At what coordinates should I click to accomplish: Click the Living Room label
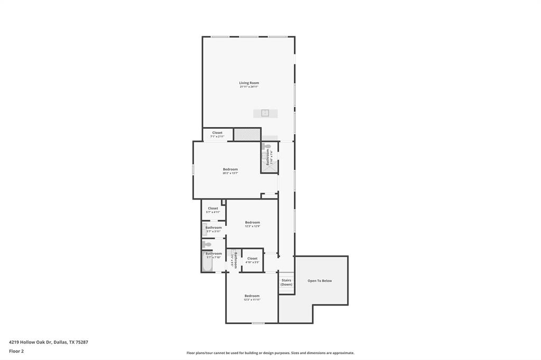tap(249, 83)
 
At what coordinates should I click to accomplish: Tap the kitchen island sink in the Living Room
tap(265, 113)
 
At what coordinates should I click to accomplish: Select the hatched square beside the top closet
tap(247, 134)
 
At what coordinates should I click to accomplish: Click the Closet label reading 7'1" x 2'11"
tap(217, 133)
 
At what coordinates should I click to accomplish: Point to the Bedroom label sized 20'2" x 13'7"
tap(230, 169)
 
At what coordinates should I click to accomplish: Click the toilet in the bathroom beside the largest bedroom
tap(267, 147)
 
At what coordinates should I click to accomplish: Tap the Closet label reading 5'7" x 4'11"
tap(213, 209)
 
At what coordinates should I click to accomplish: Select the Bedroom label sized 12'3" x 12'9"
tap(253, 223)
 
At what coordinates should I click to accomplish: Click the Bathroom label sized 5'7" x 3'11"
tap(213, 228)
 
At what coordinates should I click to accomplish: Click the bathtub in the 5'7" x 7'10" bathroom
tap(206, 261)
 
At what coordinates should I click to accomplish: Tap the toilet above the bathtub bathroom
tap(207, 244)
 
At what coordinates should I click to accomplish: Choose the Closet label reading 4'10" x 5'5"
tap(253, 259)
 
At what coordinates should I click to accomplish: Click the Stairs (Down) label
tap(286, 282)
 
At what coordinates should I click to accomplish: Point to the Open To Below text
tap(320, 281)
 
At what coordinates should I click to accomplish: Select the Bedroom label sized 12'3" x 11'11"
tap(252, 296)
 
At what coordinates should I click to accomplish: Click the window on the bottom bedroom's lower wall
tap(258, 323)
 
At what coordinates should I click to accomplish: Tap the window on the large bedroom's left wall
tap(193, 170)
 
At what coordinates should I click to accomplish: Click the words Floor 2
tap(16, 351)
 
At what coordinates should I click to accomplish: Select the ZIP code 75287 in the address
tap(82, 342)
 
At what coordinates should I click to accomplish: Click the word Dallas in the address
tap(60, 342)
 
